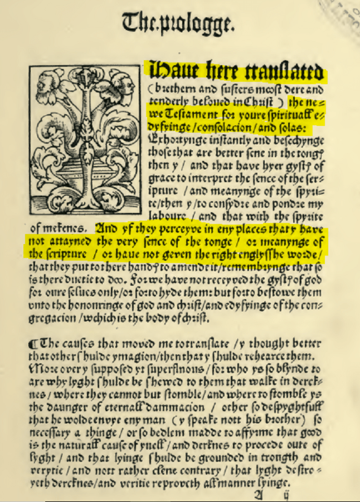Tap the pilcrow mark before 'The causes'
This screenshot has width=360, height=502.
[32, 345]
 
